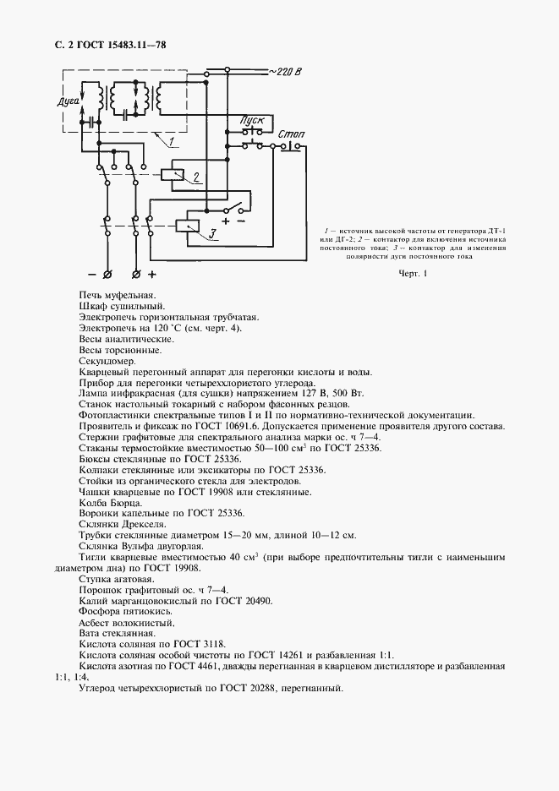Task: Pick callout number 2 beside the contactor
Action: coord(196,177)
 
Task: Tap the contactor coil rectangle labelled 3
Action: coord(187,226)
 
